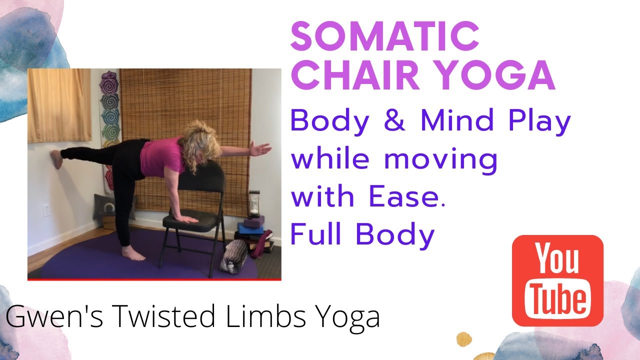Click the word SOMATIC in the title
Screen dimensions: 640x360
coord(384,36)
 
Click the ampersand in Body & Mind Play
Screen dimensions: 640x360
coord(394,120)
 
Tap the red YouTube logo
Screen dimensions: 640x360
coord(557,280)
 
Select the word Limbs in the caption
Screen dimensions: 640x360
coord(265,316)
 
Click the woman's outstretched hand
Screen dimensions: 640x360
coord(260,148)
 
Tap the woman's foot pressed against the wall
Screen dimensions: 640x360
coord(57,159)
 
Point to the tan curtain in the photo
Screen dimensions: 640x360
coord(59,105)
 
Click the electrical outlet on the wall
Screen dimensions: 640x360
coord(46,210)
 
